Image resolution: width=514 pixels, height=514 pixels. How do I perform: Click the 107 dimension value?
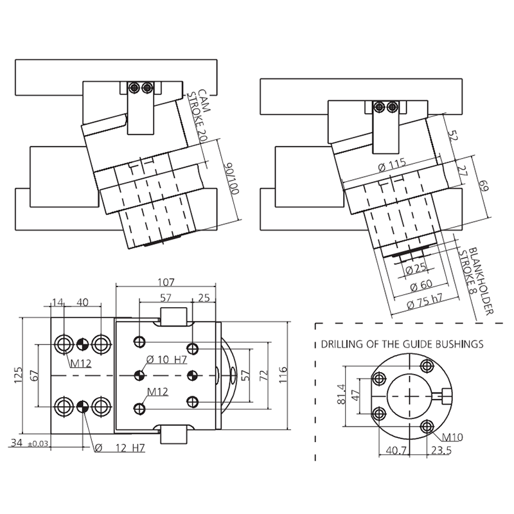point(166,281)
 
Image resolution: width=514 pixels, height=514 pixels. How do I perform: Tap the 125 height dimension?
point(18,375)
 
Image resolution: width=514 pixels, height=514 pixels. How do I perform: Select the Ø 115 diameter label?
point(392,165)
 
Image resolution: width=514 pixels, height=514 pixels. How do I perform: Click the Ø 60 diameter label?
point(421,285)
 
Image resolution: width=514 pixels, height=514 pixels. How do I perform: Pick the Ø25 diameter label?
point(416,269)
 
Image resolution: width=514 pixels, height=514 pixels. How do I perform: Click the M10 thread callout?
point(452,437)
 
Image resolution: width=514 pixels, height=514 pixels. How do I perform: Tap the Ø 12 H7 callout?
point(120,448)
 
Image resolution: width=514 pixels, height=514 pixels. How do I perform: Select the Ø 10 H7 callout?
point(166,360)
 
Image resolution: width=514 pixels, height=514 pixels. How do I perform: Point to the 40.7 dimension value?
point(396,450)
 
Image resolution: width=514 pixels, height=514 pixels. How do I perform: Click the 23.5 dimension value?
point(441,450)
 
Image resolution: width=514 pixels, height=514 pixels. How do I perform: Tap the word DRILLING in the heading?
point(338,344)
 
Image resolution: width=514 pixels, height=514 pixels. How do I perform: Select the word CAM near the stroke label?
point(204,100)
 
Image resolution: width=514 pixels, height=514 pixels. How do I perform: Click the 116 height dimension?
point(283,375)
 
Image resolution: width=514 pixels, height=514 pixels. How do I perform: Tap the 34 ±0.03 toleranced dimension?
point(30,443)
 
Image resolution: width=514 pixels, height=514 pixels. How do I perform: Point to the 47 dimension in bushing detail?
point(356,394)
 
